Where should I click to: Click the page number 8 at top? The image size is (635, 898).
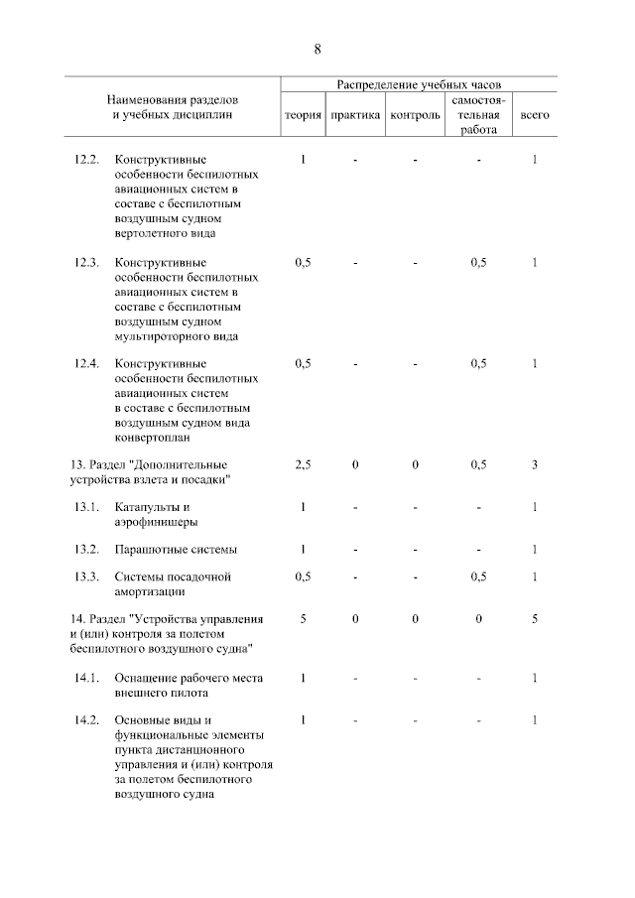click(317, 49)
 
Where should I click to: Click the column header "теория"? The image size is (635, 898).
click(303, 116)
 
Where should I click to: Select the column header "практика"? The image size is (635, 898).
click(355, 116)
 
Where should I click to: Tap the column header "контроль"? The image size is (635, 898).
click(416, 116)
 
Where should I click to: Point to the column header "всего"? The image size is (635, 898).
click(535, 116)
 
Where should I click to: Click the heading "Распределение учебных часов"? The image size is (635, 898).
click(419, 85)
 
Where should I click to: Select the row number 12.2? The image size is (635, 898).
click(87, 160)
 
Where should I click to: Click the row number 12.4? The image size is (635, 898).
click(87, 363)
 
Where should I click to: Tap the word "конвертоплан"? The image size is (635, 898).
click(153, 436)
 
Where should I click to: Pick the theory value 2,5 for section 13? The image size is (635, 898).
click(304, 465)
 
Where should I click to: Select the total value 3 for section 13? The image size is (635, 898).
click(534, 465)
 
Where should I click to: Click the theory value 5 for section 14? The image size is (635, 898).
click(304, 619)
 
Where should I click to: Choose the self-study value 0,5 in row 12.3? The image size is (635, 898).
click(479, 262)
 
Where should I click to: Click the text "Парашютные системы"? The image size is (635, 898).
click(176, 550)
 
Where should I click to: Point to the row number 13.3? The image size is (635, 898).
click(87, 577)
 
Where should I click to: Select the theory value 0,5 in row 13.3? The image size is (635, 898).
click(304, 577)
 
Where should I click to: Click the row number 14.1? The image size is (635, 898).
click(87, 678)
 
